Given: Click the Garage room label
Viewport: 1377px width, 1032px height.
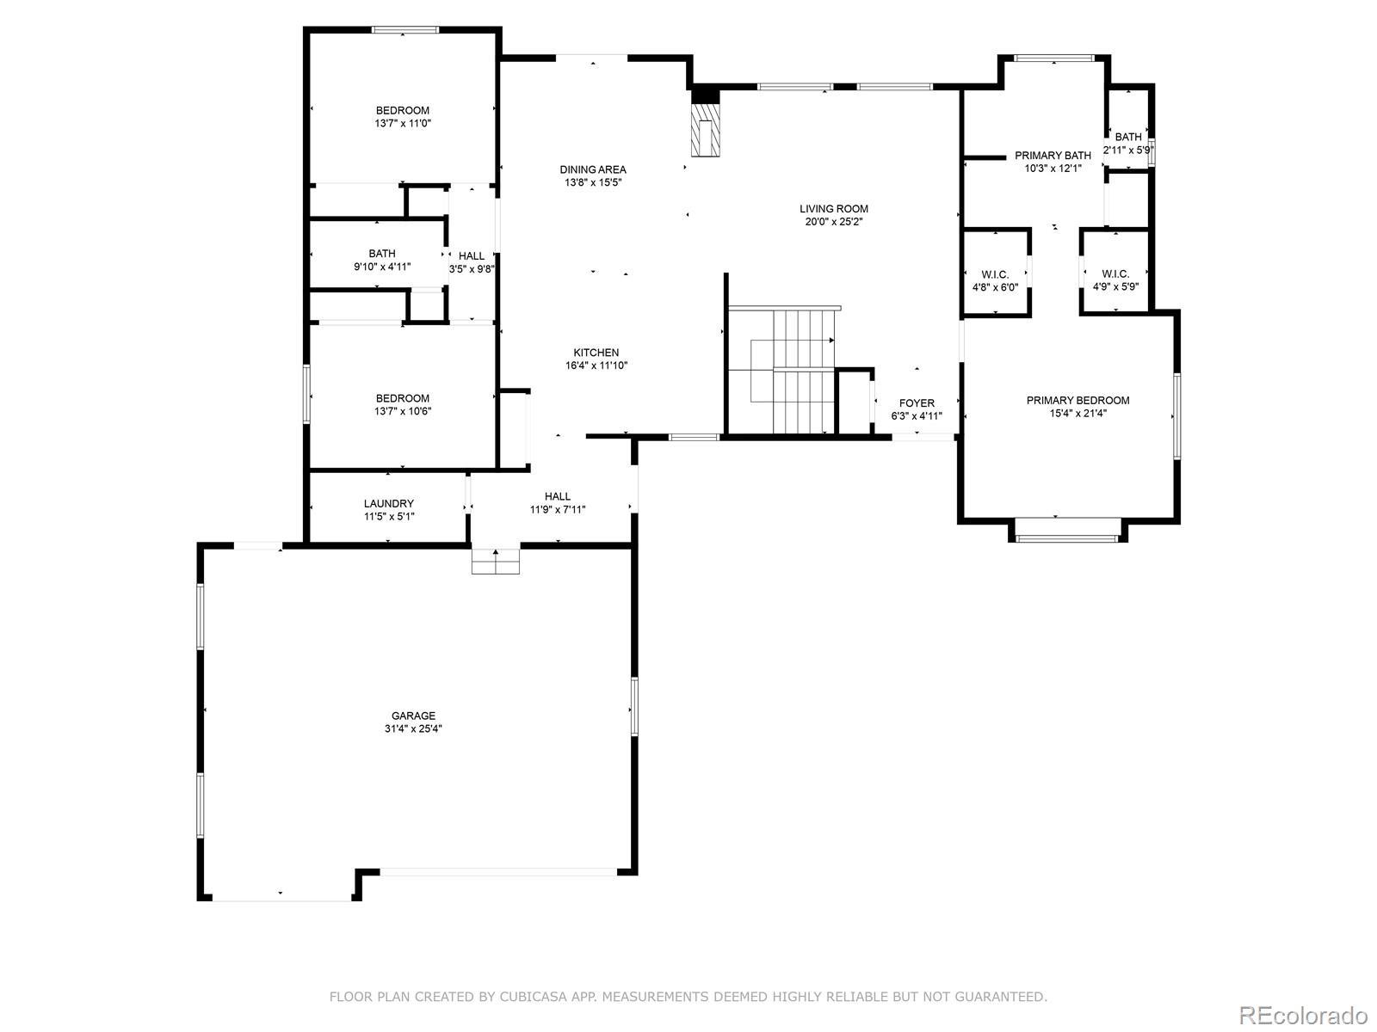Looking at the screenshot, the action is (413, 715).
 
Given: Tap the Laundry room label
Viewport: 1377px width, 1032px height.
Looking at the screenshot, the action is (388, 503).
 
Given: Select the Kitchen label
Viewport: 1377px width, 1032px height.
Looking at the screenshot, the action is (596, 352).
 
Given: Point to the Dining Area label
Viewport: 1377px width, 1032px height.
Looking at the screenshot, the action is (592, 169).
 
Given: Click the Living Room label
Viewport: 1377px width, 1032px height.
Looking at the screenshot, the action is (833, 209).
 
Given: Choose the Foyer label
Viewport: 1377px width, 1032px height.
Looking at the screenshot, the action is (916, 402).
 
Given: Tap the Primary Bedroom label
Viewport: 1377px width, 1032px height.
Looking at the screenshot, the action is (1078, 400).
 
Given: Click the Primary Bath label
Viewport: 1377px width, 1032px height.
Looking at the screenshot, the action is (1052, 156).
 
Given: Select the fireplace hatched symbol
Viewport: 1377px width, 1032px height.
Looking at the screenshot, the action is (705, 130).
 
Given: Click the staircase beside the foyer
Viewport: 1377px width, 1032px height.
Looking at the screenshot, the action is (793, 371).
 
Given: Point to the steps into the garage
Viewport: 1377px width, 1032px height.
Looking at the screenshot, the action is (495, 562).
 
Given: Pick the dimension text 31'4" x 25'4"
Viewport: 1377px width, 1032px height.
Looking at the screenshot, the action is (413, 728).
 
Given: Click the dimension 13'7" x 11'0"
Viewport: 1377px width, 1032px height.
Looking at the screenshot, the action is (402, 124).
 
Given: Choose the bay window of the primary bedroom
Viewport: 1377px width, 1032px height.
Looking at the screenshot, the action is (1067, 530).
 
